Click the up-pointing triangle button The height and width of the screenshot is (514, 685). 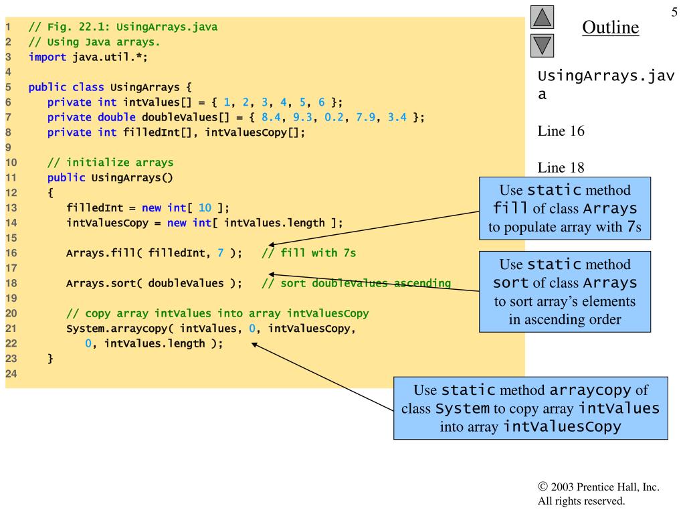click(x=543, y=17)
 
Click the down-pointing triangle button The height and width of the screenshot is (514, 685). click(x=543, y=46)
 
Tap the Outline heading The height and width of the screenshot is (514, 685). click(x=610, y=27)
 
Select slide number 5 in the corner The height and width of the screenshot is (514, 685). click(x=674, y=13)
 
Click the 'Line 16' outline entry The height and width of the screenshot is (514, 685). click(x=561, y=131)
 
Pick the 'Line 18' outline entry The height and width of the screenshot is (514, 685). click(x=561, y=167)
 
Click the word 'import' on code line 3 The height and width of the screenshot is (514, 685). click(x=47, y=57)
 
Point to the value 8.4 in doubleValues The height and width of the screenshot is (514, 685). click(x=270, y=117)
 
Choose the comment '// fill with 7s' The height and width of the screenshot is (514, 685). click(x=308, y=253)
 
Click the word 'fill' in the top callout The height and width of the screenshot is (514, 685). click(x=511, y=207)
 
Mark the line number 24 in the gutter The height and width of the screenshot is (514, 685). click(x=11, y=373)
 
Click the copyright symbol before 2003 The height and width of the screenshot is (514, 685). click(x=542, y=487)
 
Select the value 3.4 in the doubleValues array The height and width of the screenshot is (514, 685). click(x=399, y=117)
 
